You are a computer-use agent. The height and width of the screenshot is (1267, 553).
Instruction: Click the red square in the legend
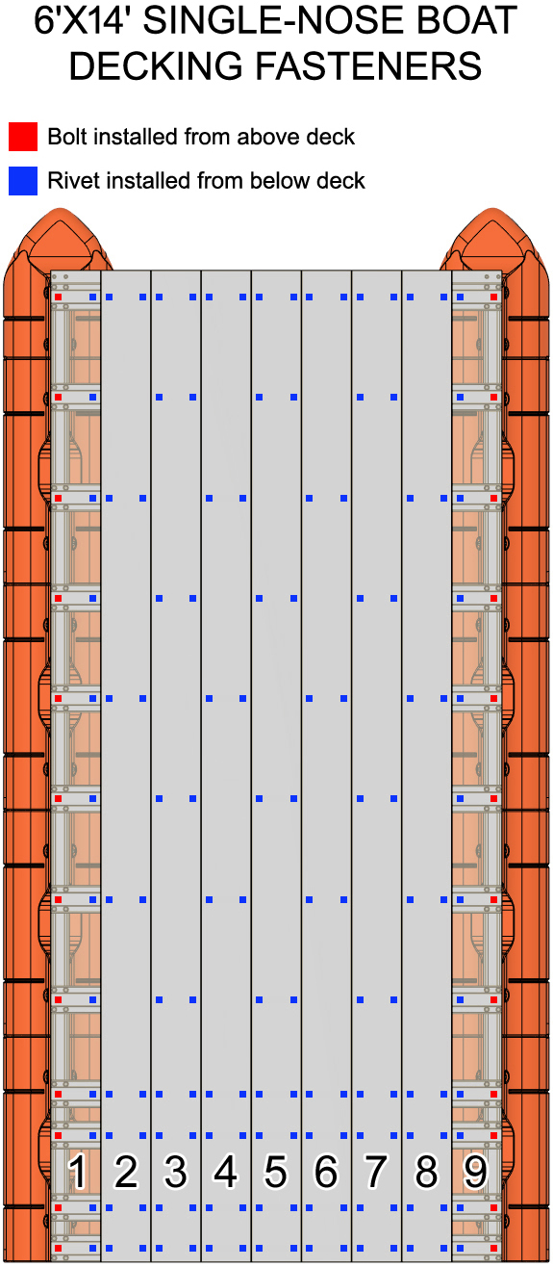[x=23, y=137]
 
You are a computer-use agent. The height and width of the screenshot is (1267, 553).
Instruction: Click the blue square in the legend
[x=23, y=181]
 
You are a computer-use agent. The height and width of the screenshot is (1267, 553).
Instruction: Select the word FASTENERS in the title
[x=369, y=66]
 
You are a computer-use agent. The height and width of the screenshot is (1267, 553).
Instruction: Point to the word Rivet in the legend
[x=72, y=181]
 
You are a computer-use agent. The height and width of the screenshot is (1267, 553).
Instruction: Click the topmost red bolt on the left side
[x=58, y=297]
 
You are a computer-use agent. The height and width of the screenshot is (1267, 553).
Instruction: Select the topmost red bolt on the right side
[x=493, y=297]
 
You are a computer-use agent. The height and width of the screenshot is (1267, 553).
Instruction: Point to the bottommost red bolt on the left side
[x=58, y=1248]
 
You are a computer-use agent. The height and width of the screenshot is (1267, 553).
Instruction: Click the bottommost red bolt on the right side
[x=493, y=1248]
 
